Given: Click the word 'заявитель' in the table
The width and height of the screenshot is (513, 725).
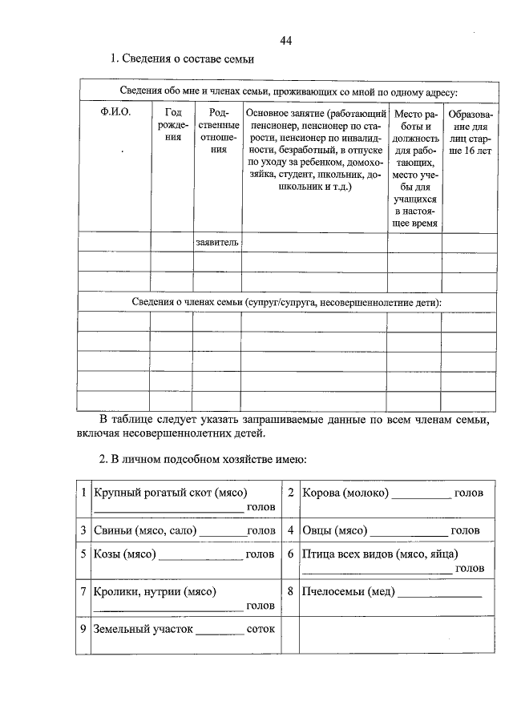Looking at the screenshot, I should coord(217,241).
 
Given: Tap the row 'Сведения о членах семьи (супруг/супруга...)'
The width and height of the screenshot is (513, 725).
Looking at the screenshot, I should coord(286,301).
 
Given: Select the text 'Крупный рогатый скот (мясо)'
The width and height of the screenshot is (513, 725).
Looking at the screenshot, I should coord(170,492).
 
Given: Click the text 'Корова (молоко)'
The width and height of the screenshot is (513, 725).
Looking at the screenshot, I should coord(345,492).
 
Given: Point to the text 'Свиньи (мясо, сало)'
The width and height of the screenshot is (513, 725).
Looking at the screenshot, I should coord(146,530).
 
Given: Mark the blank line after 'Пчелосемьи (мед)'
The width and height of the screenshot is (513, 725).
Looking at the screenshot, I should coord(440,594).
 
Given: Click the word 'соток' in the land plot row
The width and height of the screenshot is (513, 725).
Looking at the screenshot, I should coord(261,629).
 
